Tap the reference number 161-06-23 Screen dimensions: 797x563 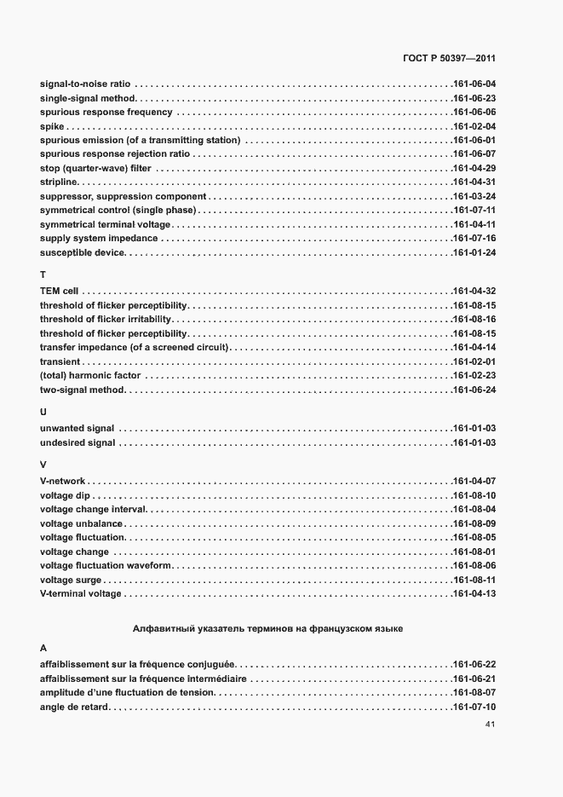pyautogui.click(x=474, y=99)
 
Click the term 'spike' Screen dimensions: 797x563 pyautogui.click(x=50, y=126)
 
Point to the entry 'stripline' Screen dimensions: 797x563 pyautogui.click(x=59, y=182)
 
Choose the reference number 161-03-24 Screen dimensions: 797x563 pyautogui.click(x=474, y=196)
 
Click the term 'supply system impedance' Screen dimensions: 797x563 pyautogui.click(x=99, y=238)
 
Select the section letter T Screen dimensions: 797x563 pyautogui.click(x=43, y=274)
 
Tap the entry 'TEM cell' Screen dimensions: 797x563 pyautogui.click(x=60, y=292)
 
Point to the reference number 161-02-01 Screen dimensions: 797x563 pyautogui.click(x=474, y=361)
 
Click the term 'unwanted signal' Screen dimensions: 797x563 pyautogui.click(x=78, y=428)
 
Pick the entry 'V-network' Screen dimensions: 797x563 pyautogui.click(x=63, y=481)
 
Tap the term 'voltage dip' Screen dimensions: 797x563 pyautogui.click(x=65, y=495)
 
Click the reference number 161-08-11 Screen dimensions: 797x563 pyautogui.click(x=474, y=580)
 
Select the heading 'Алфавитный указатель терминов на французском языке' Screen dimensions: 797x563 pyautogui.click(x=267, y=629)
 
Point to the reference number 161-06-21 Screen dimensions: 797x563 pyautogui.click(x=474, y=678)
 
